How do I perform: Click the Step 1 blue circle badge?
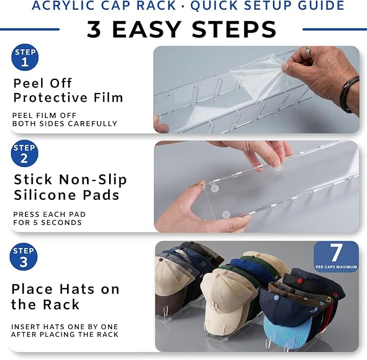point(25,57)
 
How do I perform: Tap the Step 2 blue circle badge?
point(24,154)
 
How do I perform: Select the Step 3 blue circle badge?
point(23,257)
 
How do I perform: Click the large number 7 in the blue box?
point(336,252)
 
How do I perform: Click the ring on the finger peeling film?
point(309,50)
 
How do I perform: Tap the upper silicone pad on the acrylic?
point(215,189)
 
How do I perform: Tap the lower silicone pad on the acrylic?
point(226,214)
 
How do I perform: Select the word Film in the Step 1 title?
point(108,98)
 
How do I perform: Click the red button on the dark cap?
point(300,280)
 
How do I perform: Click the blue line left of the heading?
point(30,29)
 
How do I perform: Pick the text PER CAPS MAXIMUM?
point(336,267)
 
